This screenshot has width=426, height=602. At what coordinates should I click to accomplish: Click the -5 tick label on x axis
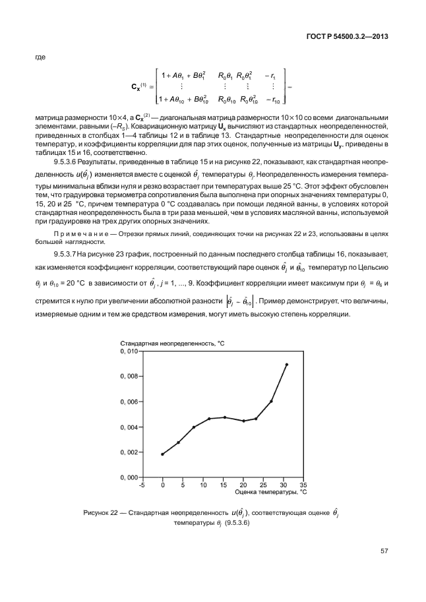(x=142, y=485)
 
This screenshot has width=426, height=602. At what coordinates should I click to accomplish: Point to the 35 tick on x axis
(x=303, y=485)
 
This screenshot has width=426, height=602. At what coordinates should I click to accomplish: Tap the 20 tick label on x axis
(x=243, y=485)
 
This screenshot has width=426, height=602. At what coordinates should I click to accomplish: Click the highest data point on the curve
(x=286, y=364)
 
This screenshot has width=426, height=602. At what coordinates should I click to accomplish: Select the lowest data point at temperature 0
(x=162, y=454)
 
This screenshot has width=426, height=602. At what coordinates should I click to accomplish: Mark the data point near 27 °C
(x=271, y=401)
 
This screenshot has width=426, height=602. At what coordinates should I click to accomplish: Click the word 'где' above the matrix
(x=40, y=58)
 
